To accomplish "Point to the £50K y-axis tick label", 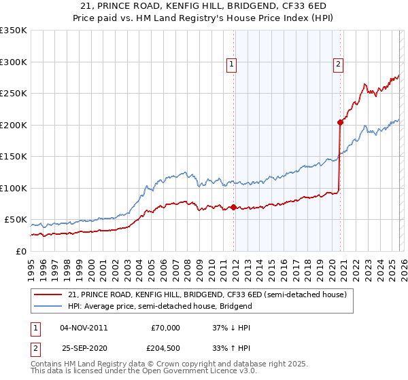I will click(x=15, y=220).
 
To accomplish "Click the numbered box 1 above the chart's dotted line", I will click(x=232, y=64).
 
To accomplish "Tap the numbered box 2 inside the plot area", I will click(x=338, y=64).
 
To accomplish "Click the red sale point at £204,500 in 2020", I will click(x=339, y=123).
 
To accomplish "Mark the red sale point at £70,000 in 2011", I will click(x=233, y=207).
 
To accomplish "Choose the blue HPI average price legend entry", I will click(x=160, y=306).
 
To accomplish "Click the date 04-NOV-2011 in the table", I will click(x=84, y=328).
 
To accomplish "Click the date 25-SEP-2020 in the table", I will click(x=84, y=349).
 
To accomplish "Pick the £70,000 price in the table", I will click(x=165, y=328).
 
